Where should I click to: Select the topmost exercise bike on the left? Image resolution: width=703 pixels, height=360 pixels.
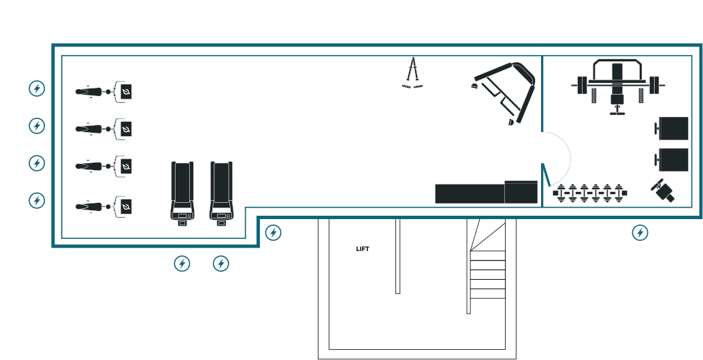point(103,91)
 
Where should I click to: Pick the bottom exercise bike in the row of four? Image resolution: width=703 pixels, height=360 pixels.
point(103,206)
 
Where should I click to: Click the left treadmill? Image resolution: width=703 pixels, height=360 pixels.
point(182,191)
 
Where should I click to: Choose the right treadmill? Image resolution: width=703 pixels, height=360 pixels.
point(221,191)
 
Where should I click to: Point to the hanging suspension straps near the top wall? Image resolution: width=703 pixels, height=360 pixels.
point(412,77)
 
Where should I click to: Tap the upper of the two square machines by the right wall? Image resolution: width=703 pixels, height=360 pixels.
point(672,127)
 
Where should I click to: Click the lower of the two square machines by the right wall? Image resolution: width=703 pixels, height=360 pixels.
point(672,160)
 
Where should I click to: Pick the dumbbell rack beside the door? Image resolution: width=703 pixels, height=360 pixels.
point(589,193)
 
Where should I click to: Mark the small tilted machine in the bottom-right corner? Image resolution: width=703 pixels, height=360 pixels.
point(664,191)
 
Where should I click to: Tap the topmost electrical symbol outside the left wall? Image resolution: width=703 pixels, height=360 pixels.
point(37,88)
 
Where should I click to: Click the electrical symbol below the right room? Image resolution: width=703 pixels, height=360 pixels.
point(640,233)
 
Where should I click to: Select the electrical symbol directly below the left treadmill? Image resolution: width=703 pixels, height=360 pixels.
point(182,263)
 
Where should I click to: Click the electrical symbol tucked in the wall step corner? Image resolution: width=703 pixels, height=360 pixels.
point(273,233)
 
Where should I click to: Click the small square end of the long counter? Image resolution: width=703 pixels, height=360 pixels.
point(521,192)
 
